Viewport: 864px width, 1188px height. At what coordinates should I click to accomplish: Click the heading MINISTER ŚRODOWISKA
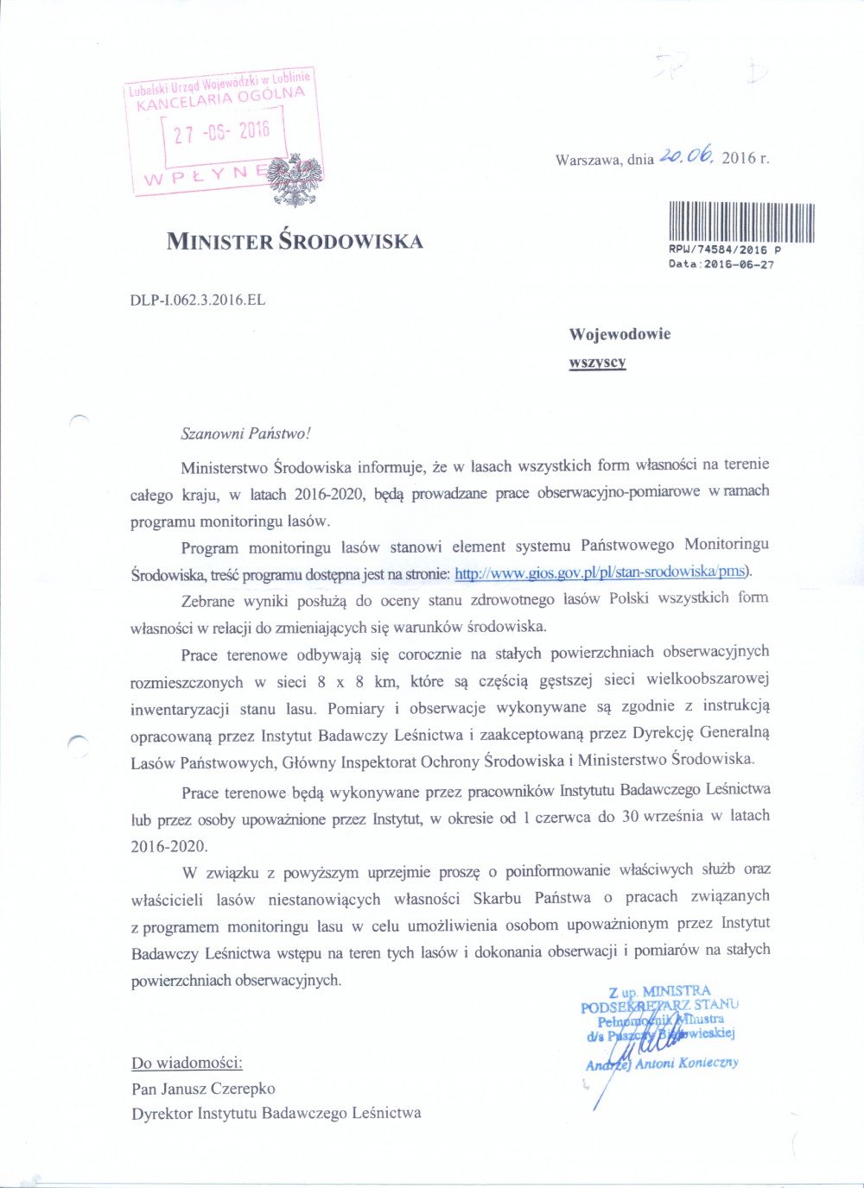coord(295,241)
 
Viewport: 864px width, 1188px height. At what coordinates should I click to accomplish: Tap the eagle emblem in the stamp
coord(296,180)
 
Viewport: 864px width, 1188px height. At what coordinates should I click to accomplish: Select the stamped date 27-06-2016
coord(222,132)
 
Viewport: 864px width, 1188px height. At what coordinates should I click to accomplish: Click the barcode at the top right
coord(741,221)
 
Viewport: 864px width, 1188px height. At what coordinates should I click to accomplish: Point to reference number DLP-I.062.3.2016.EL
coord(198,300)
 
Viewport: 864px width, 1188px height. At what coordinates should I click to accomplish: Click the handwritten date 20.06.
coord(686,156)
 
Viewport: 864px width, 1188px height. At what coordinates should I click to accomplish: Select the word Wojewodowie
coord(619,334)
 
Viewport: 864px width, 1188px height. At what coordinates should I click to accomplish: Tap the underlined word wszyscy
coord(597,362)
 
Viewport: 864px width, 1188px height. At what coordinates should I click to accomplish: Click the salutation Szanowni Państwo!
coord(245,433)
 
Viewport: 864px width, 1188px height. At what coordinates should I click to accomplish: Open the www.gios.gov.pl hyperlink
coord(601,572)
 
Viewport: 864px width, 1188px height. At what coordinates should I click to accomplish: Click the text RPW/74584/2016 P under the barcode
coord(725,250)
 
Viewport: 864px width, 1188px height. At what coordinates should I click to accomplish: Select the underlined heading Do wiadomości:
coord(187,1063)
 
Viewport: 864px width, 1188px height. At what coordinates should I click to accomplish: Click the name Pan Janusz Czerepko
coord(203,1089)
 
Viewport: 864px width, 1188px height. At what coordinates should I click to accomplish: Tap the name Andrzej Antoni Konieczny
coord(662,1064)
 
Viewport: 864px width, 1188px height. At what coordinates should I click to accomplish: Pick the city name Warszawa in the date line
coord(588,160)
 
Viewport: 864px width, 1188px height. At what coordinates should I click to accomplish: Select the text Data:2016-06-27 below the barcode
coord(721,264)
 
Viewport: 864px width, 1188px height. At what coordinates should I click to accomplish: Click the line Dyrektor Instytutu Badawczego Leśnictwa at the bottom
coord(276,1114)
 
